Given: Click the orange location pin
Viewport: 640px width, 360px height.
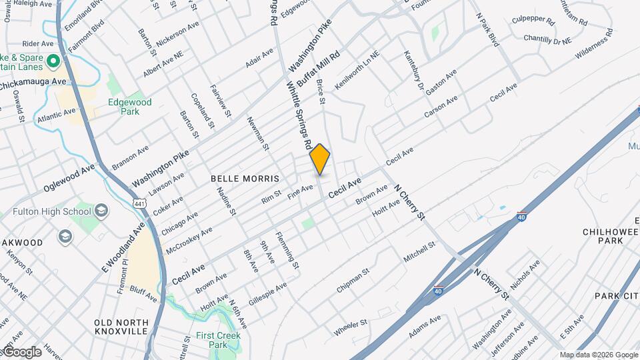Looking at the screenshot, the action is (320, 159).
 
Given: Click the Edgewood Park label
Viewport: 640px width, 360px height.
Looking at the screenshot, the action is (130, 107).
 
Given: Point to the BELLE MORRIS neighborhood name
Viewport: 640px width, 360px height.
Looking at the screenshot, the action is (244, 179).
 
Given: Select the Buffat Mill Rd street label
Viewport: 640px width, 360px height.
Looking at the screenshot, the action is (319, 69).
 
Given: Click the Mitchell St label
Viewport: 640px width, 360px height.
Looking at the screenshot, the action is (419, 252).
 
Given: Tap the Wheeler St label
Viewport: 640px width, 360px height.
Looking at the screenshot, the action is (351, 327).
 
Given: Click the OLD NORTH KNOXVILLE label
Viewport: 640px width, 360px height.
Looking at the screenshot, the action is (121, 327).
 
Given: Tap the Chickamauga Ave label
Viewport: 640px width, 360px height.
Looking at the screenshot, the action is (35, 81).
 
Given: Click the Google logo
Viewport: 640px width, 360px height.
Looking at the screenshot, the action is (21, 352).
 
